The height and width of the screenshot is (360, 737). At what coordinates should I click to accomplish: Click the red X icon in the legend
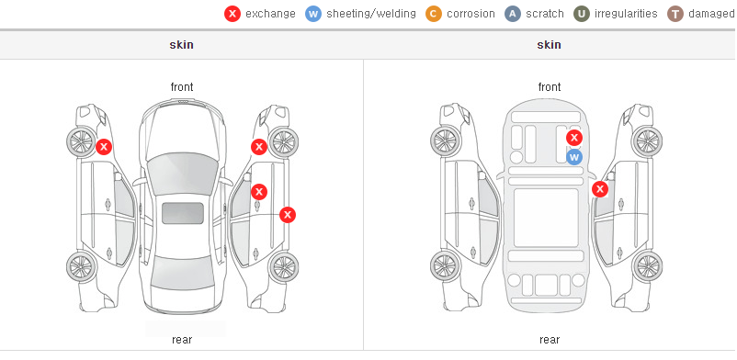pos(232,14)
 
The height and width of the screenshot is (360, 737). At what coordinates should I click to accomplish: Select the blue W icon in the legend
pos(313,14)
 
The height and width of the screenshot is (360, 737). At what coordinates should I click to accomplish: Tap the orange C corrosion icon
pos(434,14)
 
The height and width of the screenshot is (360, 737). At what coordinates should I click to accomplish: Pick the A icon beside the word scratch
pos(513,14)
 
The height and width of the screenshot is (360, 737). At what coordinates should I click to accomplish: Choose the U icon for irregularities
pos(582,14)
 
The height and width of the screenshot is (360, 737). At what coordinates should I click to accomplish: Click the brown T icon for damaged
pos(675,14)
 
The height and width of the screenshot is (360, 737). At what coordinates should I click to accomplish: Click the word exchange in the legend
pos(270,14)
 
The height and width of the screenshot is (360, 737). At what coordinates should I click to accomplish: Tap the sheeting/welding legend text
pos(371,14)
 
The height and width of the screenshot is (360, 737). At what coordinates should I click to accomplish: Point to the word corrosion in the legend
pos(471,14)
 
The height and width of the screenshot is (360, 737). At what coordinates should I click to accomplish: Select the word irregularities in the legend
pos(626,14)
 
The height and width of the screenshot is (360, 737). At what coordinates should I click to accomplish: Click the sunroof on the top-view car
pos(183,213)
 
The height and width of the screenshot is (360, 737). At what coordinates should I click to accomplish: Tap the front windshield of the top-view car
pos(183,174)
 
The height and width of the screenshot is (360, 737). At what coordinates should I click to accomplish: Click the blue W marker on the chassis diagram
pos(574,157)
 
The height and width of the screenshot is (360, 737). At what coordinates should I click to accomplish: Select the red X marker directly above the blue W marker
pos(574,138)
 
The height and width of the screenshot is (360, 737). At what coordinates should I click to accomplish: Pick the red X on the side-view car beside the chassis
pos(600,189)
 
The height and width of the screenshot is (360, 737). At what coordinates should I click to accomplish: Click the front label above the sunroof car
pos(182,87)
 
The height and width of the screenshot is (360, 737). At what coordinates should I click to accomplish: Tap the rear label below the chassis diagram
pos(550,340)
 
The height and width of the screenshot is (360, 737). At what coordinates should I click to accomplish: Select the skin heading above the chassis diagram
pos(549,45)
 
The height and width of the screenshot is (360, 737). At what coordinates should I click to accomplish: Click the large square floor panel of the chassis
pos(546,218)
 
